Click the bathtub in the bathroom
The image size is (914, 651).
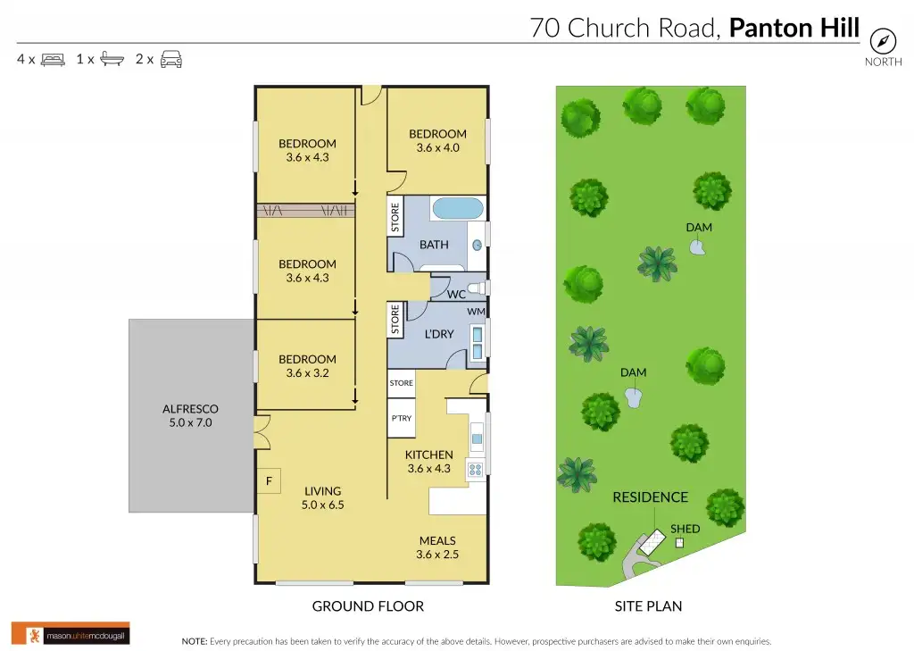[x=458, y=210]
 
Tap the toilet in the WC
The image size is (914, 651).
[x=478, y=288]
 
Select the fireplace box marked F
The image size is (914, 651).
[x=269, y=480]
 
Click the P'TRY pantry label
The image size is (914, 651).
[x=402, y=418]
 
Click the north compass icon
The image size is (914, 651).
[x=883, y=40]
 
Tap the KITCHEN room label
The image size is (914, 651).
[x=429, y=455]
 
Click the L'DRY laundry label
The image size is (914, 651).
[x=438, y=334]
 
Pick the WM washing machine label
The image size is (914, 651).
[x=475, y=312]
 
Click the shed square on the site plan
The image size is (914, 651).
[x=679, y=542]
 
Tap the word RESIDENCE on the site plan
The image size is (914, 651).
[x=650, y=497]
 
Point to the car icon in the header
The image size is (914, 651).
[x=171, y=60]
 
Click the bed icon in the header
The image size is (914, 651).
[x=54, y=60]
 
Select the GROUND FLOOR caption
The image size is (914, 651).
[x=368, y=606]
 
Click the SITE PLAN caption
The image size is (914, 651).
[x=648, y=606]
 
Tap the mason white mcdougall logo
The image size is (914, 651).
[x=71, y=633]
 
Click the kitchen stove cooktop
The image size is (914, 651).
[x=476, y=468]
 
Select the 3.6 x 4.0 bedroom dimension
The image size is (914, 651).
[x=437, y=148]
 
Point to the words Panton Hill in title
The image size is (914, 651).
[x=794, y=28]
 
